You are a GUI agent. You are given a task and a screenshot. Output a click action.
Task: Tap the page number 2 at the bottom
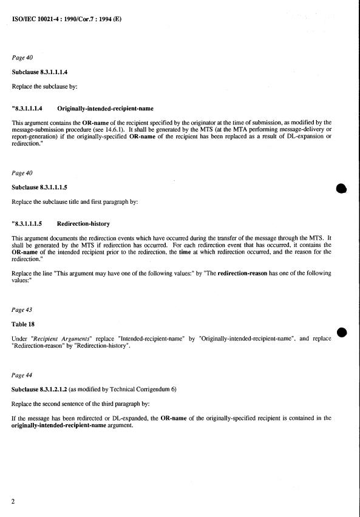pos(14,502)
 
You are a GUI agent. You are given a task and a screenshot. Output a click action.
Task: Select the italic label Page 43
pos(22,309)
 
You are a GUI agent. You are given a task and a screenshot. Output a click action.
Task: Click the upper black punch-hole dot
pos(341,189)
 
